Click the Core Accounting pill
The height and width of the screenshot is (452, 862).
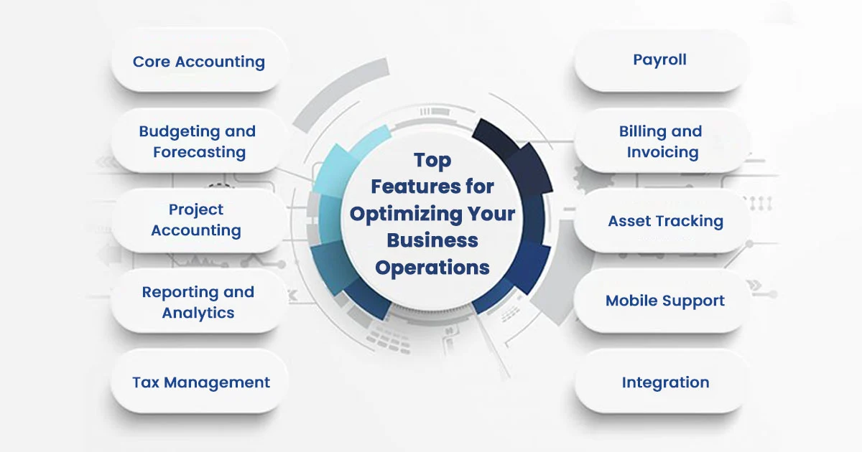[x=200, y=60]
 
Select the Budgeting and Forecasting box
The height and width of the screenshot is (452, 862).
[x=200, y=141]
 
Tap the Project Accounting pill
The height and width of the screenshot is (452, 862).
[x=200, y=220]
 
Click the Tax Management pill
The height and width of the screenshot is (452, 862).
[x=200, y=381]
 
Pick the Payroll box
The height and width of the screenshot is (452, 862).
[x=661, y=60]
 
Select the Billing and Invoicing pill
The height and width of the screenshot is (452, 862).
[x=661, y=141]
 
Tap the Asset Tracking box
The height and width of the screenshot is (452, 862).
[x=661, y=220]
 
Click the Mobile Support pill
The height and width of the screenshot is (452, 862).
[x=661, y=301]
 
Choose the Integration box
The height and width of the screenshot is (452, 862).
[x=661, y=381]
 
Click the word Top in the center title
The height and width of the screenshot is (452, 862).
[x=432, y=161]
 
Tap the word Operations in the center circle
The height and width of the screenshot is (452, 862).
[x=432, y=268]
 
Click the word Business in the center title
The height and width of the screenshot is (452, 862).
[x=432, y=240]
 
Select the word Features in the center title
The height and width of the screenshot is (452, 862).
[x=416, y=187]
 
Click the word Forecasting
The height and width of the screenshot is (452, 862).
[x=200, y=153]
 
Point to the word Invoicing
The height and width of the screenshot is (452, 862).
[x=662, y=153]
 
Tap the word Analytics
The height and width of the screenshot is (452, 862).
[x=198, y=314]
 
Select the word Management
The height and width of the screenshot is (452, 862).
[x=217, y=383]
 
